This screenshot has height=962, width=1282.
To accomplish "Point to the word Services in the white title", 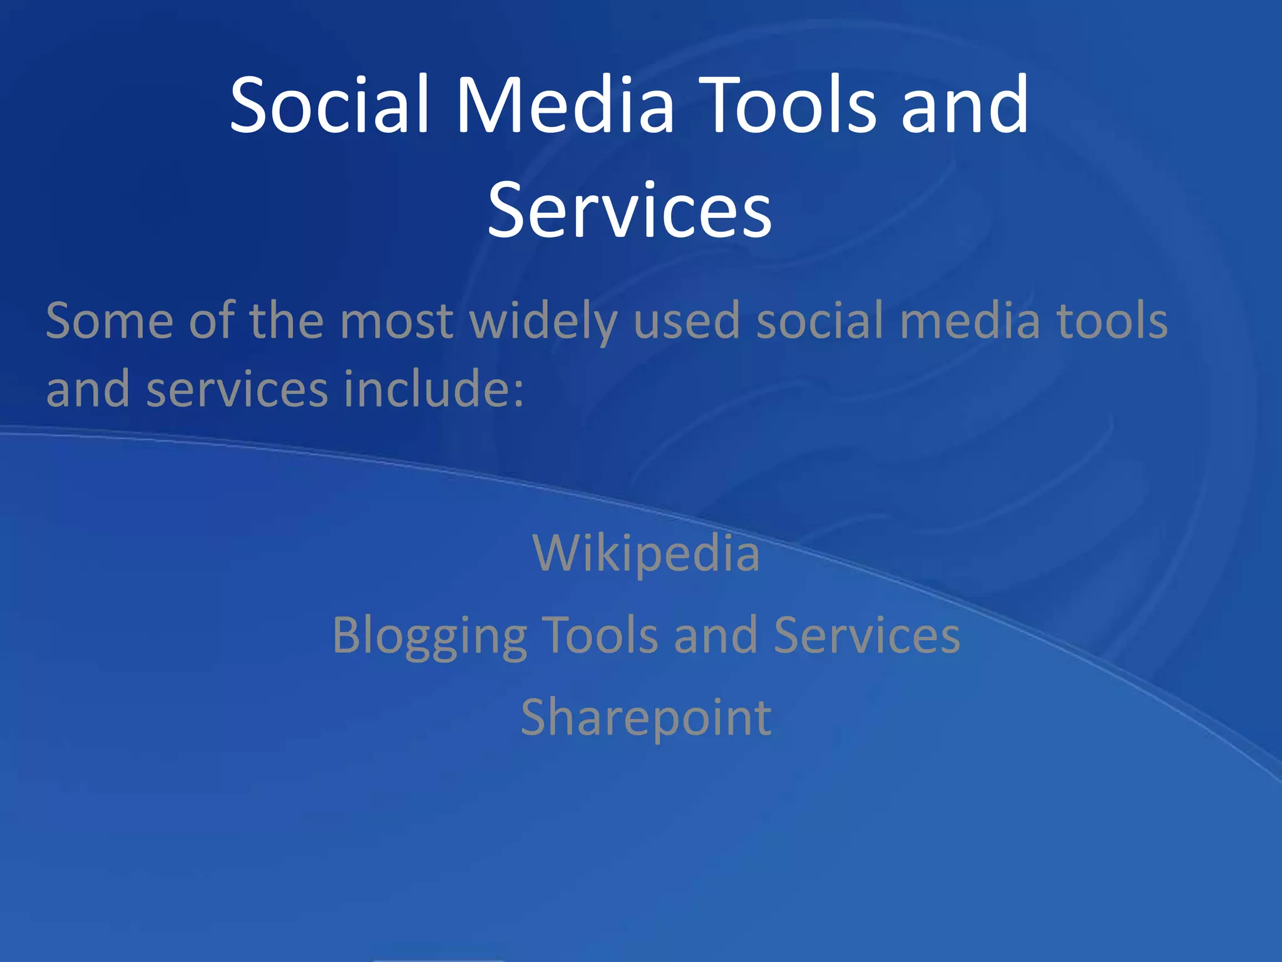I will pyautogui.click(x=630, y=210).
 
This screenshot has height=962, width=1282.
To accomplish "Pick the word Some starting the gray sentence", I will pyautogui.click(x=110, y=321).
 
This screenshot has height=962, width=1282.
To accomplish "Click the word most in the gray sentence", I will pyautogui.click(x=396, y=321).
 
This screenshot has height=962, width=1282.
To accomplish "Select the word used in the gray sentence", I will pyautogui.click(x=687, y=321).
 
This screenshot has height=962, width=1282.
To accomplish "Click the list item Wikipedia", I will pyautogui.click(x=646, y=554).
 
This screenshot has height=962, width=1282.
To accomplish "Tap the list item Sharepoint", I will pyautogui.click(x=646, y=718).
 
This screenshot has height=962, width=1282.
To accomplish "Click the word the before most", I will pyautogui.click(x=286, y=321).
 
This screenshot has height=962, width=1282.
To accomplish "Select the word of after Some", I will pyautogui.click(x=212, y=321).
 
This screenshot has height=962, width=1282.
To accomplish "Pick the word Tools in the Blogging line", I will pyautogui.click(x=599, y=635).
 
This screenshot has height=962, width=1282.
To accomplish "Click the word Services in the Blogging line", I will pyautogui.click(x=866, y=635).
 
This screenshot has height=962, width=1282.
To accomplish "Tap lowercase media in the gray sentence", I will pyautogui.click(x=970, y=321).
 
